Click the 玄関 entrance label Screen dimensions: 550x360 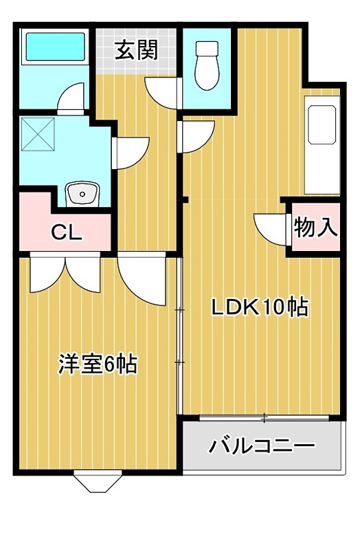pyautogui.click(x=137, y=50)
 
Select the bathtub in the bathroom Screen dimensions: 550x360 pyautogui.click(x=55, y=48)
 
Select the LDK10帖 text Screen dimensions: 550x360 pyautogui.click(x=258, y=307)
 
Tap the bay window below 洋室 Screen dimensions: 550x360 pyautogui.click(x=96, y=481)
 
